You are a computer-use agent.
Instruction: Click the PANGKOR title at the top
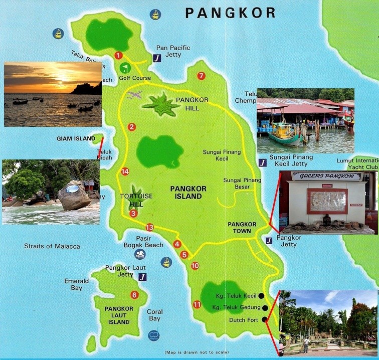click(x=230, y=13)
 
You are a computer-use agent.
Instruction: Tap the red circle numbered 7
click(x=201, y=76)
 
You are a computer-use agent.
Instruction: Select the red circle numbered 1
click(x=118, y=55)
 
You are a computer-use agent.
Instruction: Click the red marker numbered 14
click(x=125, y=172)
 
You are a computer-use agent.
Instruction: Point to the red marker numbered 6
click(x=134, y=295)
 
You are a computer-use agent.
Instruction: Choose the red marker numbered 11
click(x=197, y=304)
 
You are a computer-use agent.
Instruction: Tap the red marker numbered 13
click(x=149, y=228)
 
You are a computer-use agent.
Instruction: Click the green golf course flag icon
click(x=125, y=68)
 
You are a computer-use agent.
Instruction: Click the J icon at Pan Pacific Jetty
click(x=157, y=58)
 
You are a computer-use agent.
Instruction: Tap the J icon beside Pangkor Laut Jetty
click(x=143, y=277)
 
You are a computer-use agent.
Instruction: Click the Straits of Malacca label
click(x=52, y=246)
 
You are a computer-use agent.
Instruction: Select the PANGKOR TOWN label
click(x=242, y=228)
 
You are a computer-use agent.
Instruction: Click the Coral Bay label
click(x=154, y=315)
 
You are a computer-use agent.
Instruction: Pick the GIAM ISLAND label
click(x=76, y=138)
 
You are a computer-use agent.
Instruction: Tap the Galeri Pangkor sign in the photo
click(x=326, y=176)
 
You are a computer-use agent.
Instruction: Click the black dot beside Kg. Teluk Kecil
click(x=261, y=296)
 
